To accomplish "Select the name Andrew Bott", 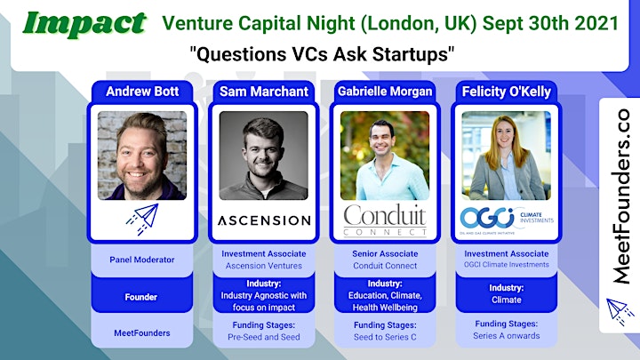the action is click(x=142, y=91).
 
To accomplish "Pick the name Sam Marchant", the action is click(x=264, y=92).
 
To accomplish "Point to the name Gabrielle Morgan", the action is click(x=385, y=91).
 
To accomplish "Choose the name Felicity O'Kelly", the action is click(x=506, y=92).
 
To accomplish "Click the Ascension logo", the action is click(x=264, y=220).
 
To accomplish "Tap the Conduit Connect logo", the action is click(x=385, y=220).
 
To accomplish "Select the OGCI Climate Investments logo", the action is click(x=507, y=220).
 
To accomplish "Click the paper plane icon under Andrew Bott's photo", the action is click(x=142, y=219).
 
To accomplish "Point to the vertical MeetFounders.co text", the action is click(x=620, y=196).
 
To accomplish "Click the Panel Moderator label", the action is click(x=142, y=260).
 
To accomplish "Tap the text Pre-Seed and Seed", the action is click(x=264, y=337).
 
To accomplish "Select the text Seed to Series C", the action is click(x=385, y=337).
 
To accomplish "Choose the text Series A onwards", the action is click(x=506, y=336).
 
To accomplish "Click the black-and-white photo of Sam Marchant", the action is click(x=264, y=156).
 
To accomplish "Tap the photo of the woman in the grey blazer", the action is click(x=506, y=156).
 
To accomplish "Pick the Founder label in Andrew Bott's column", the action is click(x=141, y=297).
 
